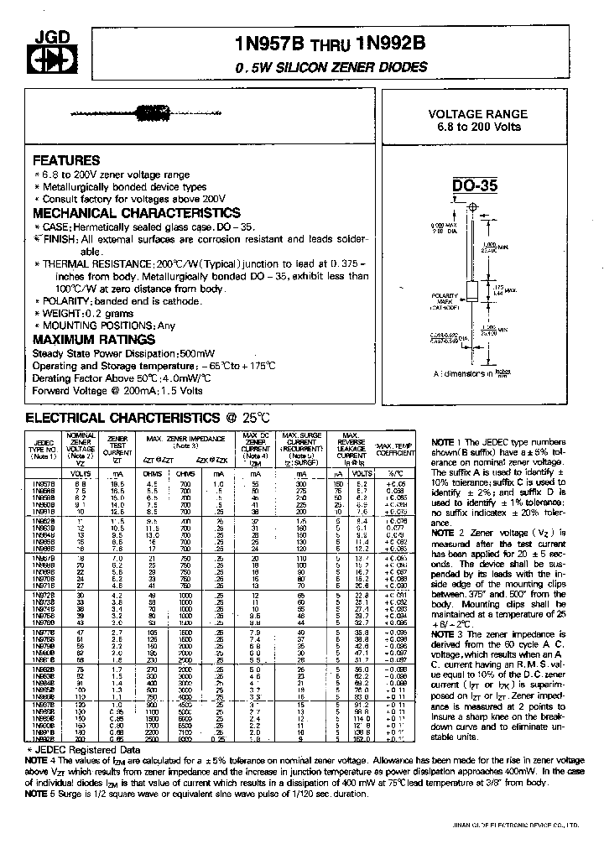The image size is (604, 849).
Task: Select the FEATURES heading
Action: pyautogui.click(x=66, y=160)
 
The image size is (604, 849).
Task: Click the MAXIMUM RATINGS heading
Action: pyautogui.click(x=94, y=339)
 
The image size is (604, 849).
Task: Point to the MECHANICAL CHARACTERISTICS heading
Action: pyautogui.click(x=137, y=213)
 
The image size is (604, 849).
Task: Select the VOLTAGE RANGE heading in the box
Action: pyautogui.click(x=478, y=114)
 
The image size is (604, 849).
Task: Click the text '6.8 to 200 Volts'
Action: pyautogui.click(x=478, y=127)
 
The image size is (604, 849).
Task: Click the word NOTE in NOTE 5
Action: pyautogui.click(x=41, y=794)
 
